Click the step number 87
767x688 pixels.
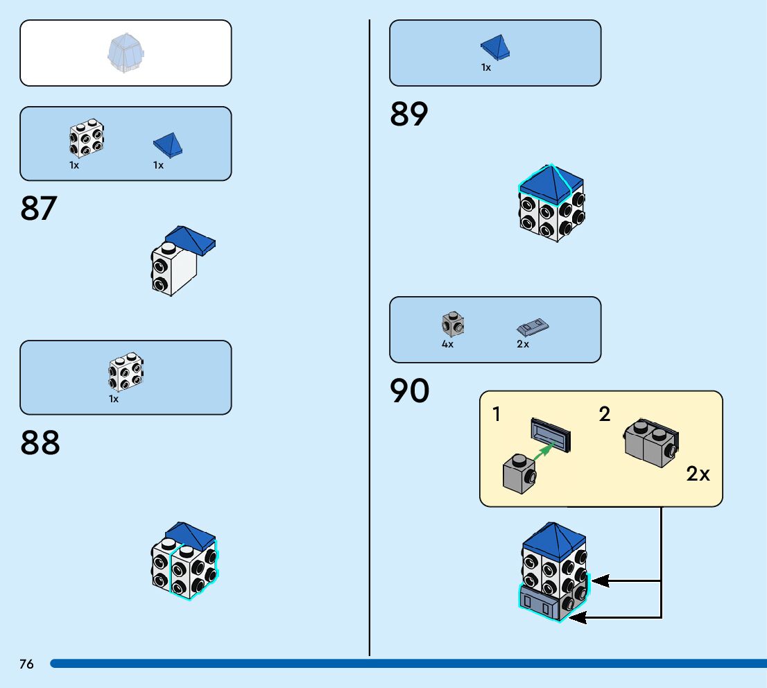tap(39, 208)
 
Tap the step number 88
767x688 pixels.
tap(40, 442)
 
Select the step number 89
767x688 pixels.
tap(409, 114)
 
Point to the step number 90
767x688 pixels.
tap(409, 391)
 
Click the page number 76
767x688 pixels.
tap(26, 664)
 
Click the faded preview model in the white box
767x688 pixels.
tap(125, 54)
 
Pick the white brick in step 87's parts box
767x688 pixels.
tap(87, 139)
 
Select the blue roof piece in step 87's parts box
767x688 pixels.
tap(168, 144)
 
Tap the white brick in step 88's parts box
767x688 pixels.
tap(126, 373)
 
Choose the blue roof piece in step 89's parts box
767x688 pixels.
tap(497, 47)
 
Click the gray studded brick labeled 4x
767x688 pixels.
tap(453, 323)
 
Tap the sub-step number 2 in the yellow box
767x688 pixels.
tap(605, 415)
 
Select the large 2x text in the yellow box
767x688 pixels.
tap(698, 474)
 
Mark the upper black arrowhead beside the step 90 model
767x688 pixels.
tap(600, 580)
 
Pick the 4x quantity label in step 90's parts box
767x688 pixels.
tap(447, 344)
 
